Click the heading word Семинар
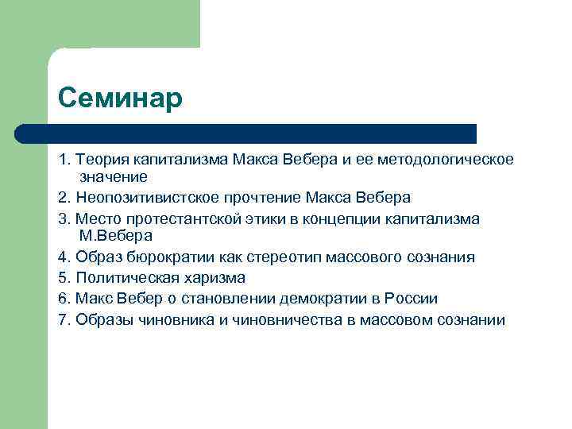tap(120, 99)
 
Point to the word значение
tap(114, 176)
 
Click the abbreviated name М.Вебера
tap(116, 235)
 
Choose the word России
tap(410, 299)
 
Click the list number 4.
tap(63, 257)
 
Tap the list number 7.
tap(63, 320)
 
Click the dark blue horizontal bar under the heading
tap(246, 133)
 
